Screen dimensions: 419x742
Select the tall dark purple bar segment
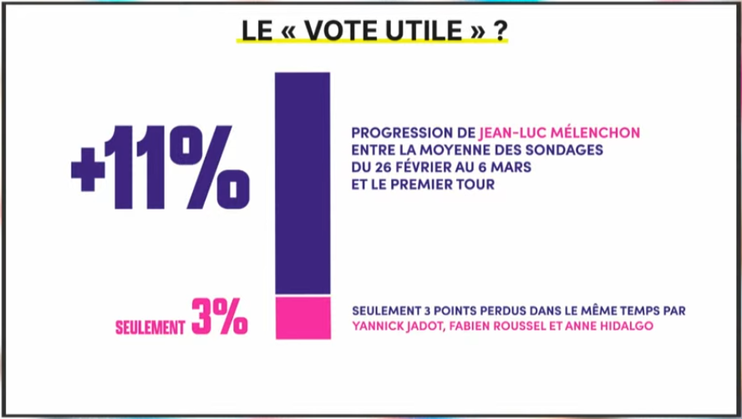(x=302, y=183)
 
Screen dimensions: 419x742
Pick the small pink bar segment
(x=302, y=317)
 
